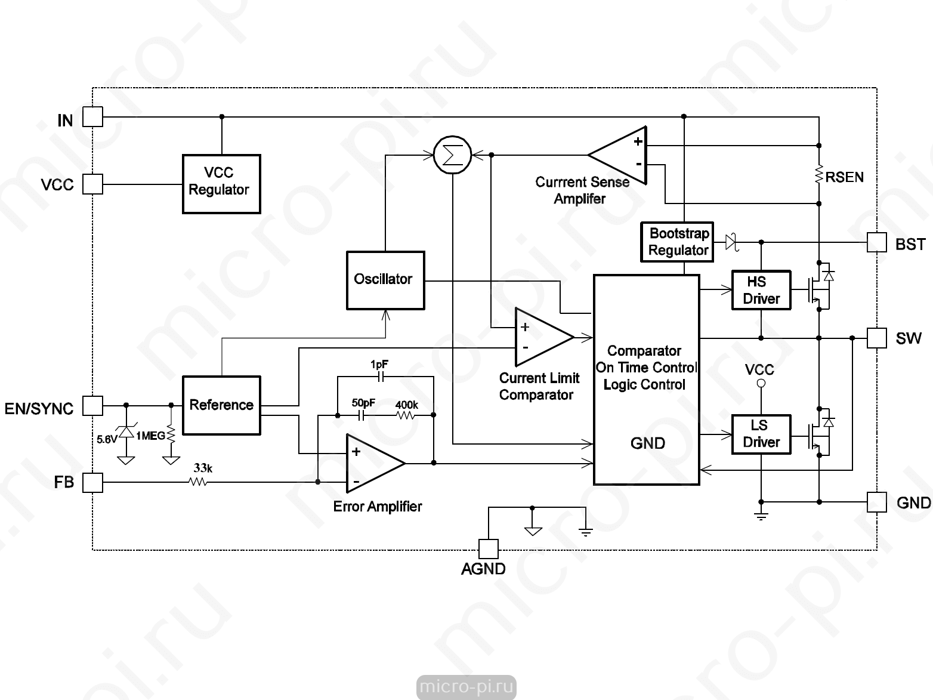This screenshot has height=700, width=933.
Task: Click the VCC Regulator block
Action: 221,184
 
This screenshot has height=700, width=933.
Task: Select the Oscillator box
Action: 385,280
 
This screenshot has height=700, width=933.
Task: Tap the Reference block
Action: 221,405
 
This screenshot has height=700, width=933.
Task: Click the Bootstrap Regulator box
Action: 677,242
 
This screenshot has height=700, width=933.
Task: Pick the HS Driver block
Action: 761,290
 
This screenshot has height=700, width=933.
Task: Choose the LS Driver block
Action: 761,434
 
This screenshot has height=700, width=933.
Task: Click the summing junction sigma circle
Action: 453,155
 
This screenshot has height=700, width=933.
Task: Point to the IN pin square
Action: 92,116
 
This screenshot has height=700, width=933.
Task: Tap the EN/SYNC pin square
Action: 92,405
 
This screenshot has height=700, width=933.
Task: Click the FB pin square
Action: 92,482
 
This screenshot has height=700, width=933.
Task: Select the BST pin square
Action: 877,242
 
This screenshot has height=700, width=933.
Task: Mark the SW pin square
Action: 877,338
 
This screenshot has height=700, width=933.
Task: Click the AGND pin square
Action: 489,549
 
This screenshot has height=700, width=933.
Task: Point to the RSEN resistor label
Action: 845,177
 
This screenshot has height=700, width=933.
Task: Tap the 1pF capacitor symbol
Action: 381,377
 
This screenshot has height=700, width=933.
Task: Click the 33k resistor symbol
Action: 198,482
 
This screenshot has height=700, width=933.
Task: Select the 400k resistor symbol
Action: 406,415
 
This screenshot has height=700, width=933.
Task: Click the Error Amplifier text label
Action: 378,507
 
